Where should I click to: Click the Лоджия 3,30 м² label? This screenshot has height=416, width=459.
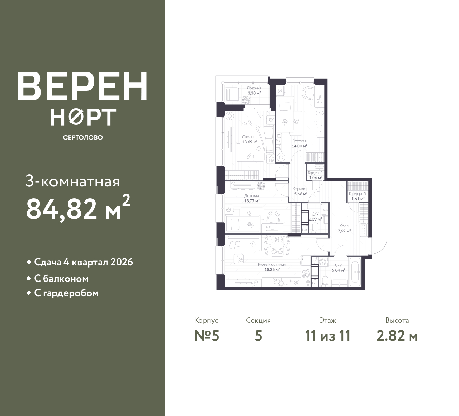[254, 90]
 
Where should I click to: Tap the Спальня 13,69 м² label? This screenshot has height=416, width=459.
[250, 139]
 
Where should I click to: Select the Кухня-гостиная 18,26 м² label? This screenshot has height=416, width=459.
[272, 267]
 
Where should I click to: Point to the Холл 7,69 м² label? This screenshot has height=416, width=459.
[344, 228]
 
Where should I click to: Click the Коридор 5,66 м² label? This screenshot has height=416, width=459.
[301, 191]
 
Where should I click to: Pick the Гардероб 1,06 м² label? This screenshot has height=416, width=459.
[315, 175]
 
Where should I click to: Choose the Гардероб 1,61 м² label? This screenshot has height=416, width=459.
[358, 196]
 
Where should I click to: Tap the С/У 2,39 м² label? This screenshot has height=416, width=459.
[315, 217]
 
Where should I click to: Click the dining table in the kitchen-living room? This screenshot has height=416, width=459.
[277, 246]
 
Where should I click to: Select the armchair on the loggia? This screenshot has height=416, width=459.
[232, 94]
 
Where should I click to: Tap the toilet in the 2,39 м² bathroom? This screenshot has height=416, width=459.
[316, 229]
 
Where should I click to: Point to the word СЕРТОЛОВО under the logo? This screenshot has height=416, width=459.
[83, 137]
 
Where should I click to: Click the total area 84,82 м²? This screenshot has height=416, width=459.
[78, 207]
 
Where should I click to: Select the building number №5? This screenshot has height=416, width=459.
[207, 336]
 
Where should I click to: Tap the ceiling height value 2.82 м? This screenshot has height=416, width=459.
[397, 336]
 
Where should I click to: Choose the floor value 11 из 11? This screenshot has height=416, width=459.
[328, 336]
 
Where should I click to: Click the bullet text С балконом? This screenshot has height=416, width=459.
[61, 279]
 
